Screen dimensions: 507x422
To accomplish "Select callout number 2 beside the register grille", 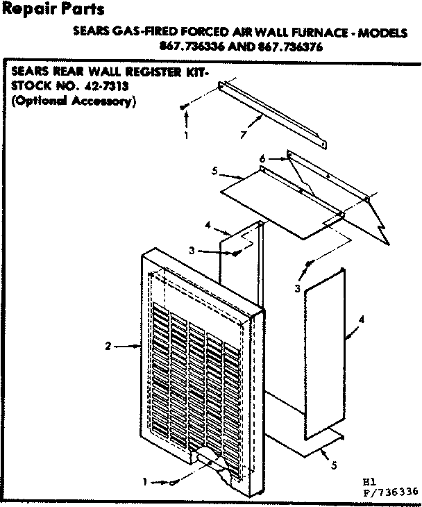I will point(108,347).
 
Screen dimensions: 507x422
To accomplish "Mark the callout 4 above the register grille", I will point(208,224).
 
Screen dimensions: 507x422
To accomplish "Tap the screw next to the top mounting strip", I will point(183,106).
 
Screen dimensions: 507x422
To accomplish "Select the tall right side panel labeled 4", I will point(325,354).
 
